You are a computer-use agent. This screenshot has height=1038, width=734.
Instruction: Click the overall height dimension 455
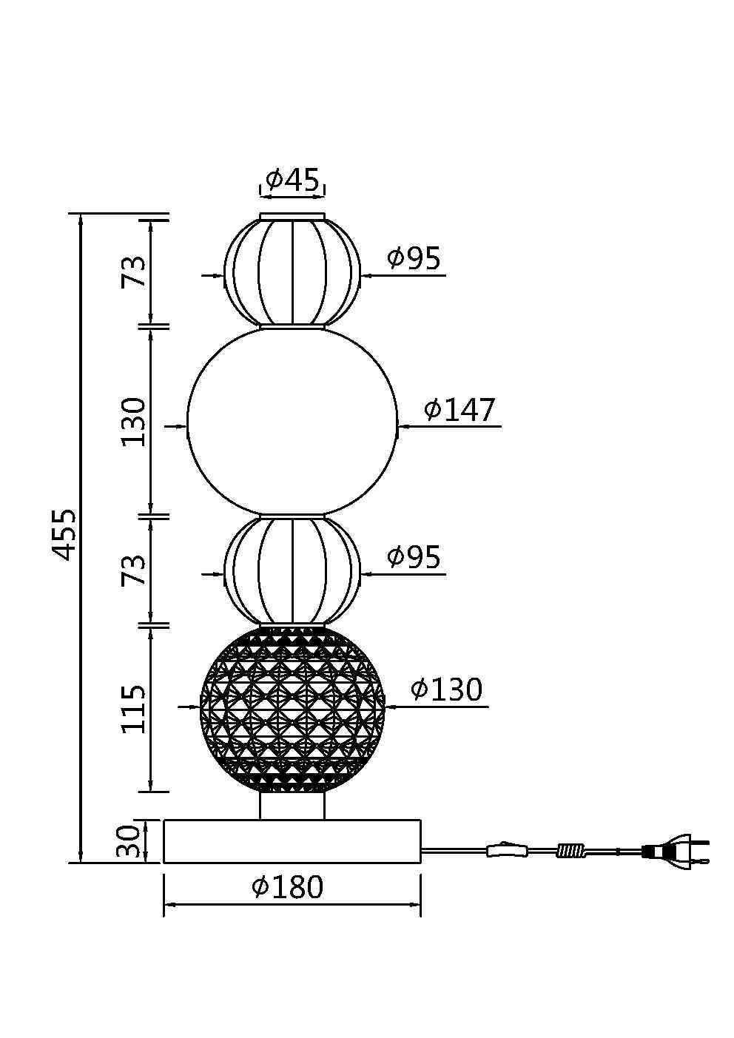[63, 535]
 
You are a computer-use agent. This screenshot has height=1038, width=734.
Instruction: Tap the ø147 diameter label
[459, 410]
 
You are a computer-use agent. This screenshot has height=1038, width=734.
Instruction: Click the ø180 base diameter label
[287, 886]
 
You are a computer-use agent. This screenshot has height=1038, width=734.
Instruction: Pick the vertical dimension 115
[133, 709]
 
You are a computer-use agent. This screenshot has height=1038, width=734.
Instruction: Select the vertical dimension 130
[133, 421]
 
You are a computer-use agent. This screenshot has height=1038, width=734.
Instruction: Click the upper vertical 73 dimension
[133, 272]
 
